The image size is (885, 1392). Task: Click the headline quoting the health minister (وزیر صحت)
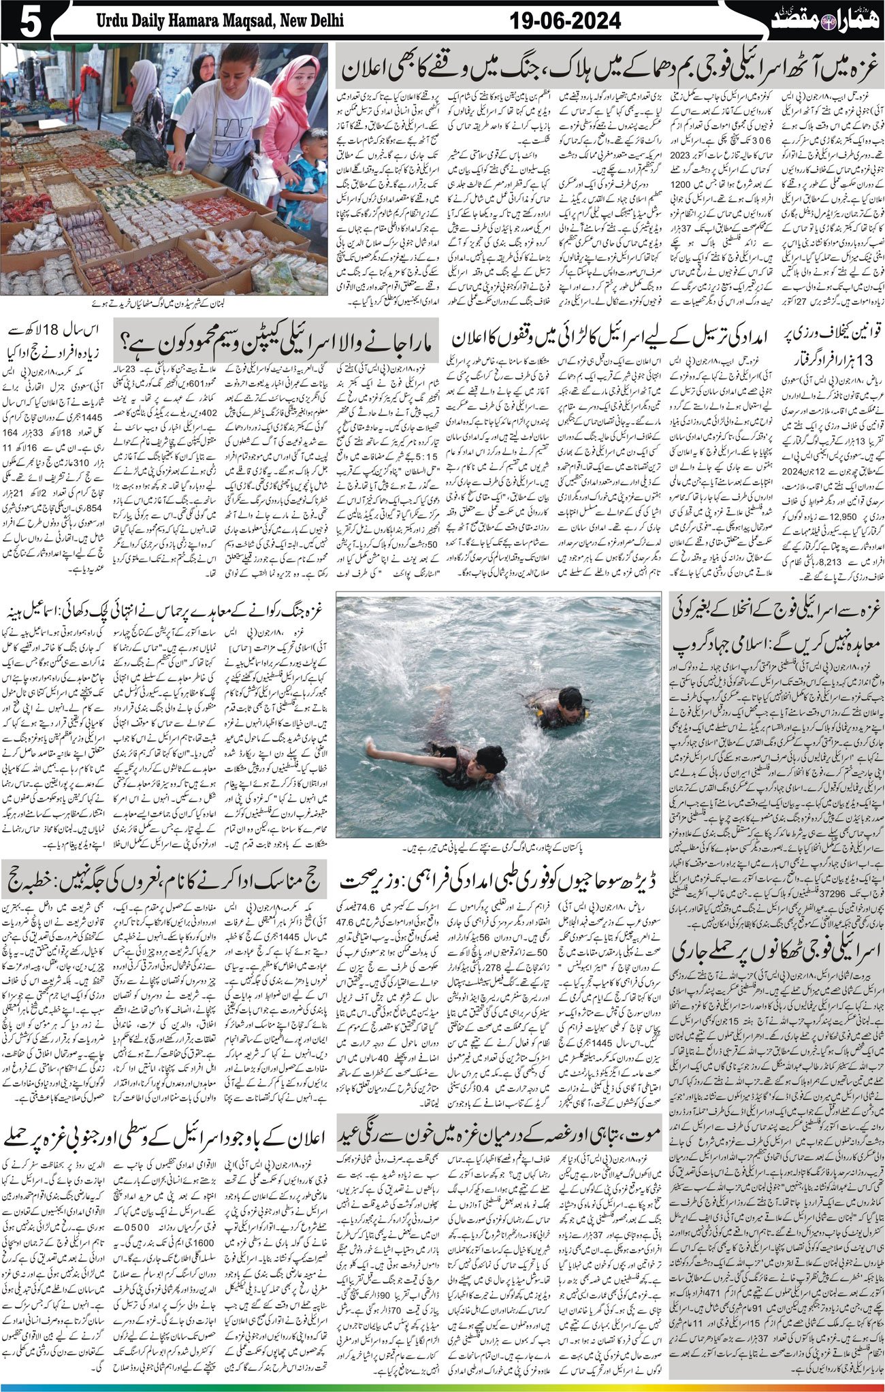[501, 873]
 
